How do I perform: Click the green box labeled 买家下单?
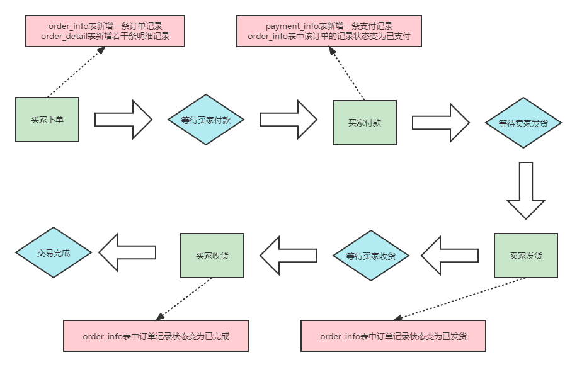pyautogui.click(x=47, y=120)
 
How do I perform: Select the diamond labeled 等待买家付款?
pyautogui.click(x=205, y=120)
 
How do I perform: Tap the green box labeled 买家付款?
pyautogui.click(x=365, y=123)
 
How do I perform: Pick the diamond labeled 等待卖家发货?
pyautogui.click(x=523, y=123)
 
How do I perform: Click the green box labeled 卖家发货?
pyautogui.click(x=526, y=256)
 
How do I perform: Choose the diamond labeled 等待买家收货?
pyautogui.click(x=370, y=256)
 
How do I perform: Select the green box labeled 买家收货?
pyautogui.click(x=212, y=256)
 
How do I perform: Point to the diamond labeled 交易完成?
pyautogui.click(x=54, y=253)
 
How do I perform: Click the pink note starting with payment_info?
pyautogui.click(x=329, y=31)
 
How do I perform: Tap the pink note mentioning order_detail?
pyautogui.click(x=105, y=31)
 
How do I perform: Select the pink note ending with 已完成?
pyautogui.click(x=156, y=336)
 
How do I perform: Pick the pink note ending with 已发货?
pyautogui.click(x=394, y=336)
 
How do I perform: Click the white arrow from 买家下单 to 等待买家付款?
pyautogui.click(x=123, y=119)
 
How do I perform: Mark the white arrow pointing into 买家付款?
pyautogui.click(x=288, y=119)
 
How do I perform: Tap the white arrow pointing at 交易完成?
pyautogui.click(x=128, y=252)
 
